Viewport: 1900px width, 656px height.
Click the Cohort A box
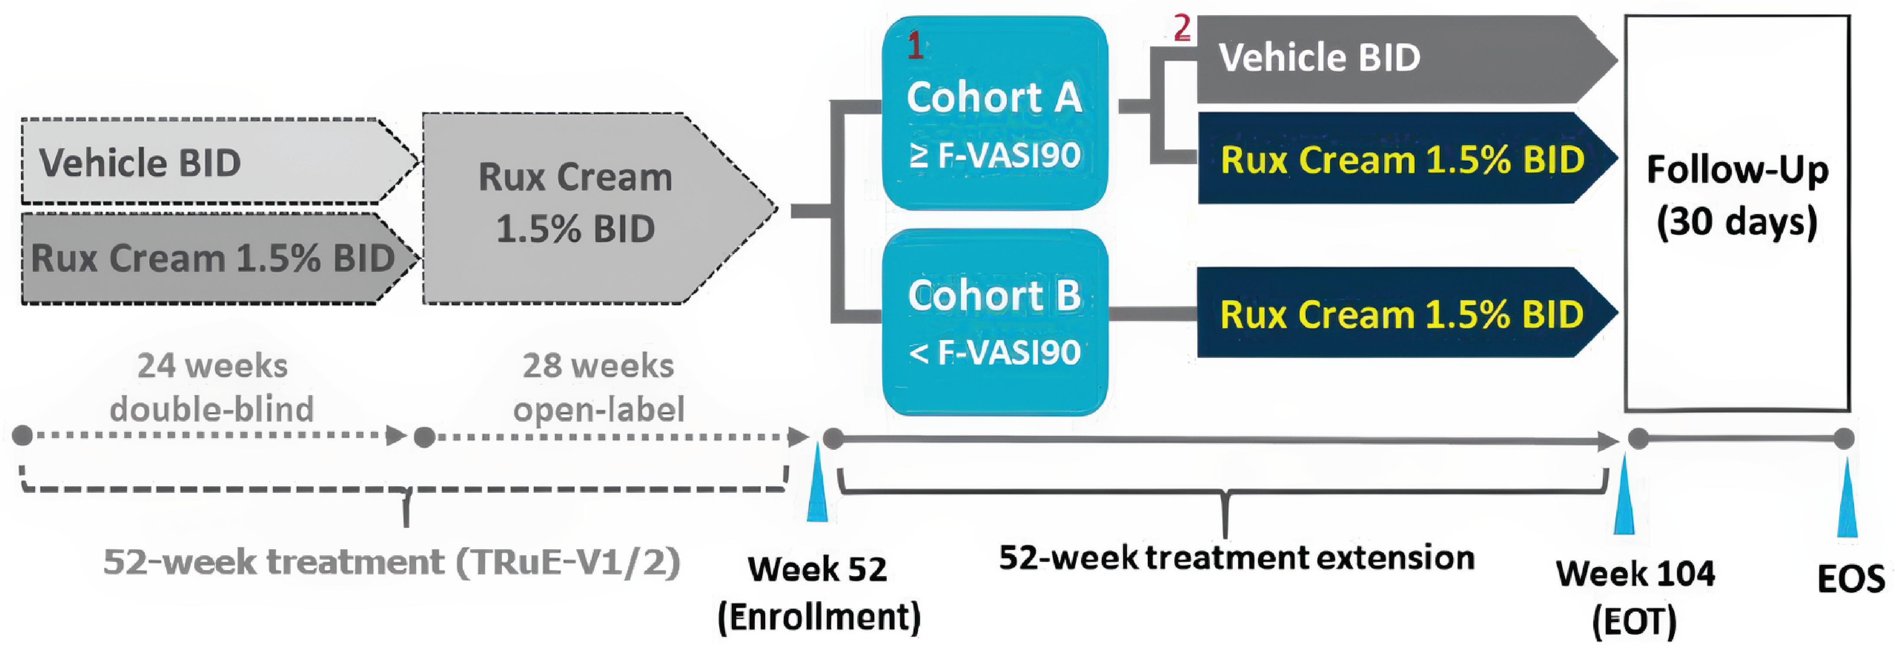point(994,112)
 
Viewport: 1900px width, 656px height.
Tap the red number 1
point(914,46)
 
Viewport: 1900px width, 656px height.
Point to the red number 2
point(1182,28)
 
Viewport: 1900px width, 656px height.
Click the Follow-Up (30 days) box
point(1737,213)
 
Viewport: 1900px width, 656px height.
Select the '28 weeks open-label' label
point(598,387)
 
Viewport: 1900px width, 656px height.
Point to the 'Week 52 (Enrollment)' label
point(819,593)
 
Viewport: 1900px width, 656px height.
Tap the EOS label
point(1850,579)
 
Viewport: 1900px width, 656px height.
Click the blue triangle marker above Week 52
point(817,488)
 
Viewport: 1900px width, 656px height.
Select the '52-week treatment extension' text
point(1236,558)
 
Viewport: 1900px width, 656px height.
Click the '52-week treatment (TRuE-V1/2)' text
point(391,562)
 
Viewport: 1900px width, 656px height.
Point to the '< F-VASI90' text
point(994,353)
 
